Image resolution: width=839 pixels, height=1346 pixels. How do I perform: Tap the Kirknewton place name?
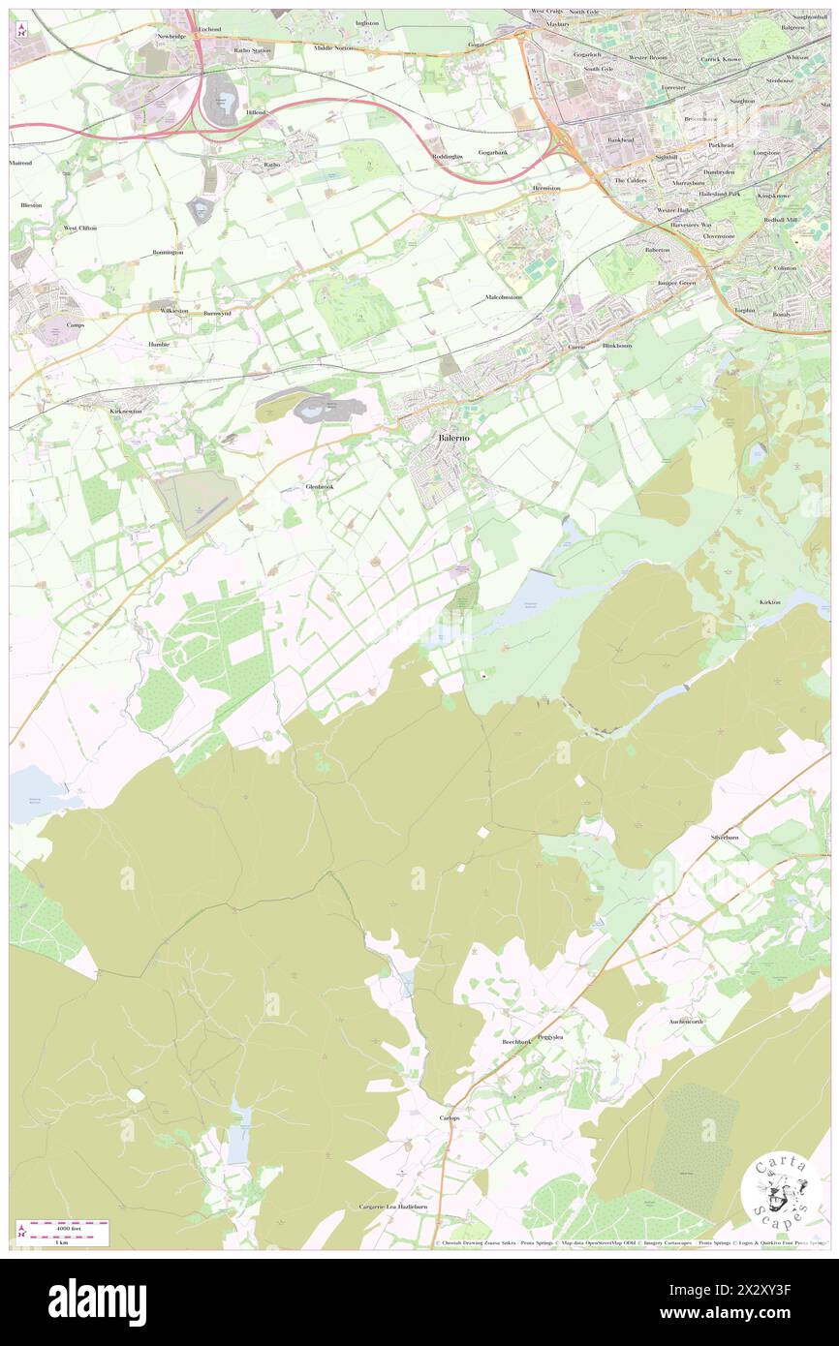point(125,411)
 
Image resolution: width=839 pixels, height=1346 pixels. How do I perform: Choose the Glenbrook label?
point(320,486)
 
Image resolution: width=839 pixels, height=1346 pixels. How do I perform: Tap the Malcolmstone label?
point(503,297)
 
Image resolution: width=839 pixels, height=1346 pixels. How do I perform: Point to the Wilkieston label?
point(174,310)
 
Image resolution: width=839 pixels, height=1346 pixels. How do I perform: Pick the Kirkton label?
point(769,602)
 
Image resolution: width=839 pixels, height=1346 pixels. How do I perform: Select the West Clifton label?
point(83,228)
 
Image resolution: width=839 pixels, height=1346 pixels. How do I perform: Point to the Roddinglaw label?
point(448,156)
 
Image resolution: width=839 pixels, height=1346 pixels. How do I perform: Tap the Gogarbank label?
point(492,152)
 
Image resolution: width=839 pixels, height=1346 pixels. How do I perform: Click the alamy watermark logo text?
point(97,1300)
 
